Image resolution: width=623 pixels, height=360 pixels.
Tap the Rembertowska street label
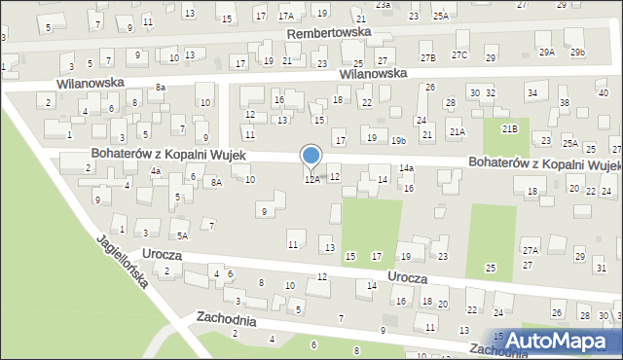[329, 32]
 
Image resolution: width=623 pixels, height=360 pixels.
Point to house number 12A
[311, 180]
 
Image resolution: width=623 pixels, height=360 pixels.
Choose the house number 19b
[398, 141]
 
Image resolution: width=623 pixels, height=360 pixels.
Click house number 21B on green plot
[509, 127]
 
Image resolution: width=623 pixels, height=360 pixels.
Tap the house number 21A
[457, 131]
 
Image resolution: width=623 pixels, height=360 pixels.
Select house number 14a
[406, 168]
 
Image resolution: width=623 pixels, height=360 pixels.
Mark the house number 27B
[428, 58]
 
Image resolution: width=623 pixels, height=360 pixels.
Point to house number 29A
[547, 52]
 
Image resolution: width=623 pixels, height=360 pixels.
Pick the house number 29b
[577, 52]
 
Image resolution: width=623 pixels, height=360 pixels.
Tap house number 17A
[285, 17]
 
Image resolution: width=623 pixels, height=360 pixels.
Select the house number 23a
[384, 5]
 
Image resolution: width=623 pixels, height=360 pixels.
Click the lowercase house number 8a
[161, 88]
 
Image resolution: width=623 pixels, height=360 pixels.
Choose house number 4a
[155, 171]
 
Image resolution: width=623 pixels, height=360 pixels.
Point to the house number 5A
[182, 235]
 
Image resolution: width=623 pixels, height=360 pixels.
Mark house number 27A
[530, 250]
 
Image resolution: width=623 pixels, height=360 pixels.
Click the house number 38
[564, 102]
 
